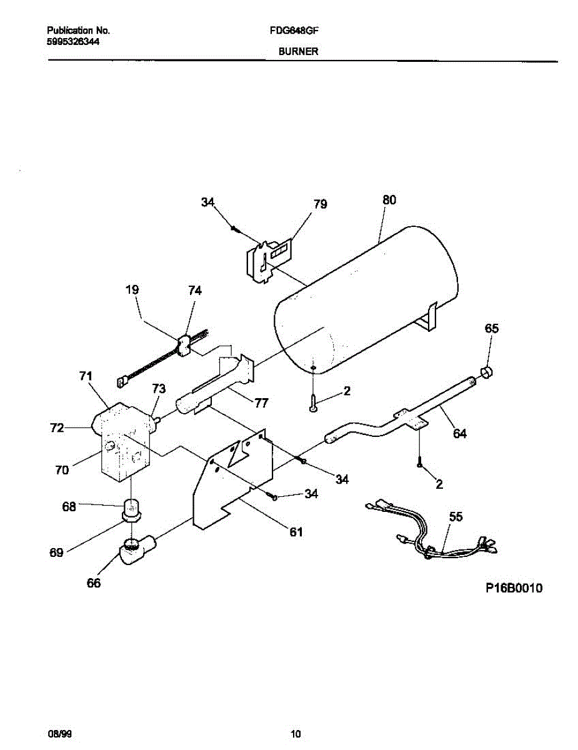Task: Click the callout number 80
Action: (389, 200)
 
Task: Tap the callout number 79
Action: (321, 204)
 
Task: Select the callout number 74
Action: (196, 291)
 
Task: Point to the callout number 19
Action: (131, 290)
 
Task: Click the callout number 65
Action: (492, 328)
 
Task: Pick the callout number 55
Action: (456, 517)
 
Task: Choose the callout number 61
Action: (296, 532)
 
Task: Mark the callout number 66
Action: (93, 583)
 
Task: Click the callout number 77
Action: (261, 403)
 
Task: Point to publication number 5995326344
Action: (74, 41)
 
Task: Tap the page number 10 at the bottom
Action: (296, 733)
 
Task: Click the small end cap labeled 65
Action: (486, 373)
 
